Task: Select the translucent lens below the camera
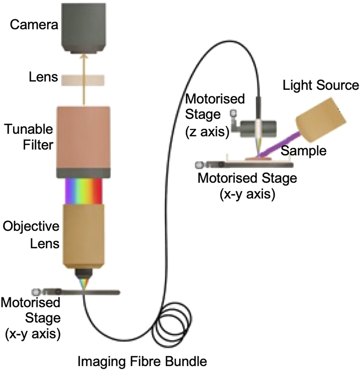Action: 83,80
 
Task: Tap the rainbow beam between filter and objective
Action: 83,190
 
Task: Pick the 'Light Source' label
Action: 321,85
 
